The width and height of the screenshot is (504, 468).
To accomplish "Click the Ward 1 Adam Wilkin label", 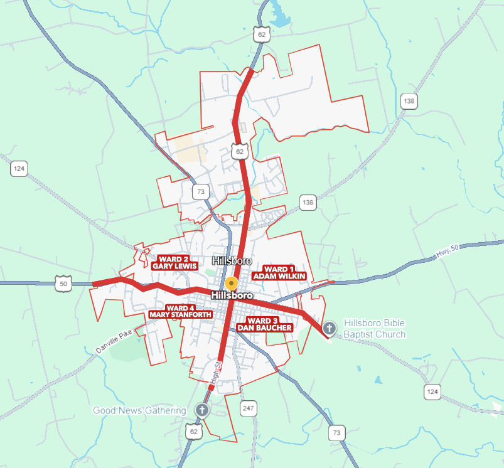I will click(279, 272).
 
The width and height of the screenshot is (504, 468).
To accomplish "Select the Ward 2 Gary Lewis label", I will click(174, 262).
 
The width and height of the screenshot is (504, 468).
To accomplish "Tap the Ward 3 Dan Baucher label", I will click(264, 324).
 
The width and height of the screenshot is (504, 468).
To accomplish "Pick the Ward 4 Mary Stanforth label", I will click(180, 311).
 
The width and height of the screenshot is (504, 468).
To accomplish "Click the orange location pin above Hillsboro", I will click(232, 284).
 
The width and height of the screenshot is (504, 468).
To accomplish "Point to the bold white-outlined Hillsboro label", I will click(232, 295).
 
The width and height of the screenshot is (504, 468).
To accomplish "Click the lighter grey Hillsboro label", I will click(232, 260).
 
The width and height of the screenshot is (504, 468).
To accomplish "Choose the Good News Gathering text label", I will click(139, 410).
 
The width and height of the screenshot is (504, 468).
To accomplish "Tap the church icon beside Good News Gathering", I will click(201, 410).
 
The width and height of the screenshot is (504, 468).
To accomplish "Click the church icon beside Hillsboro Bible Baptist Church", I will click(329, 328).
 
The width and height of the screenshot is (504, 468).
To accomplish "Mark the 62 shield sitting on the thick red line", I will click(239, 151).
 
